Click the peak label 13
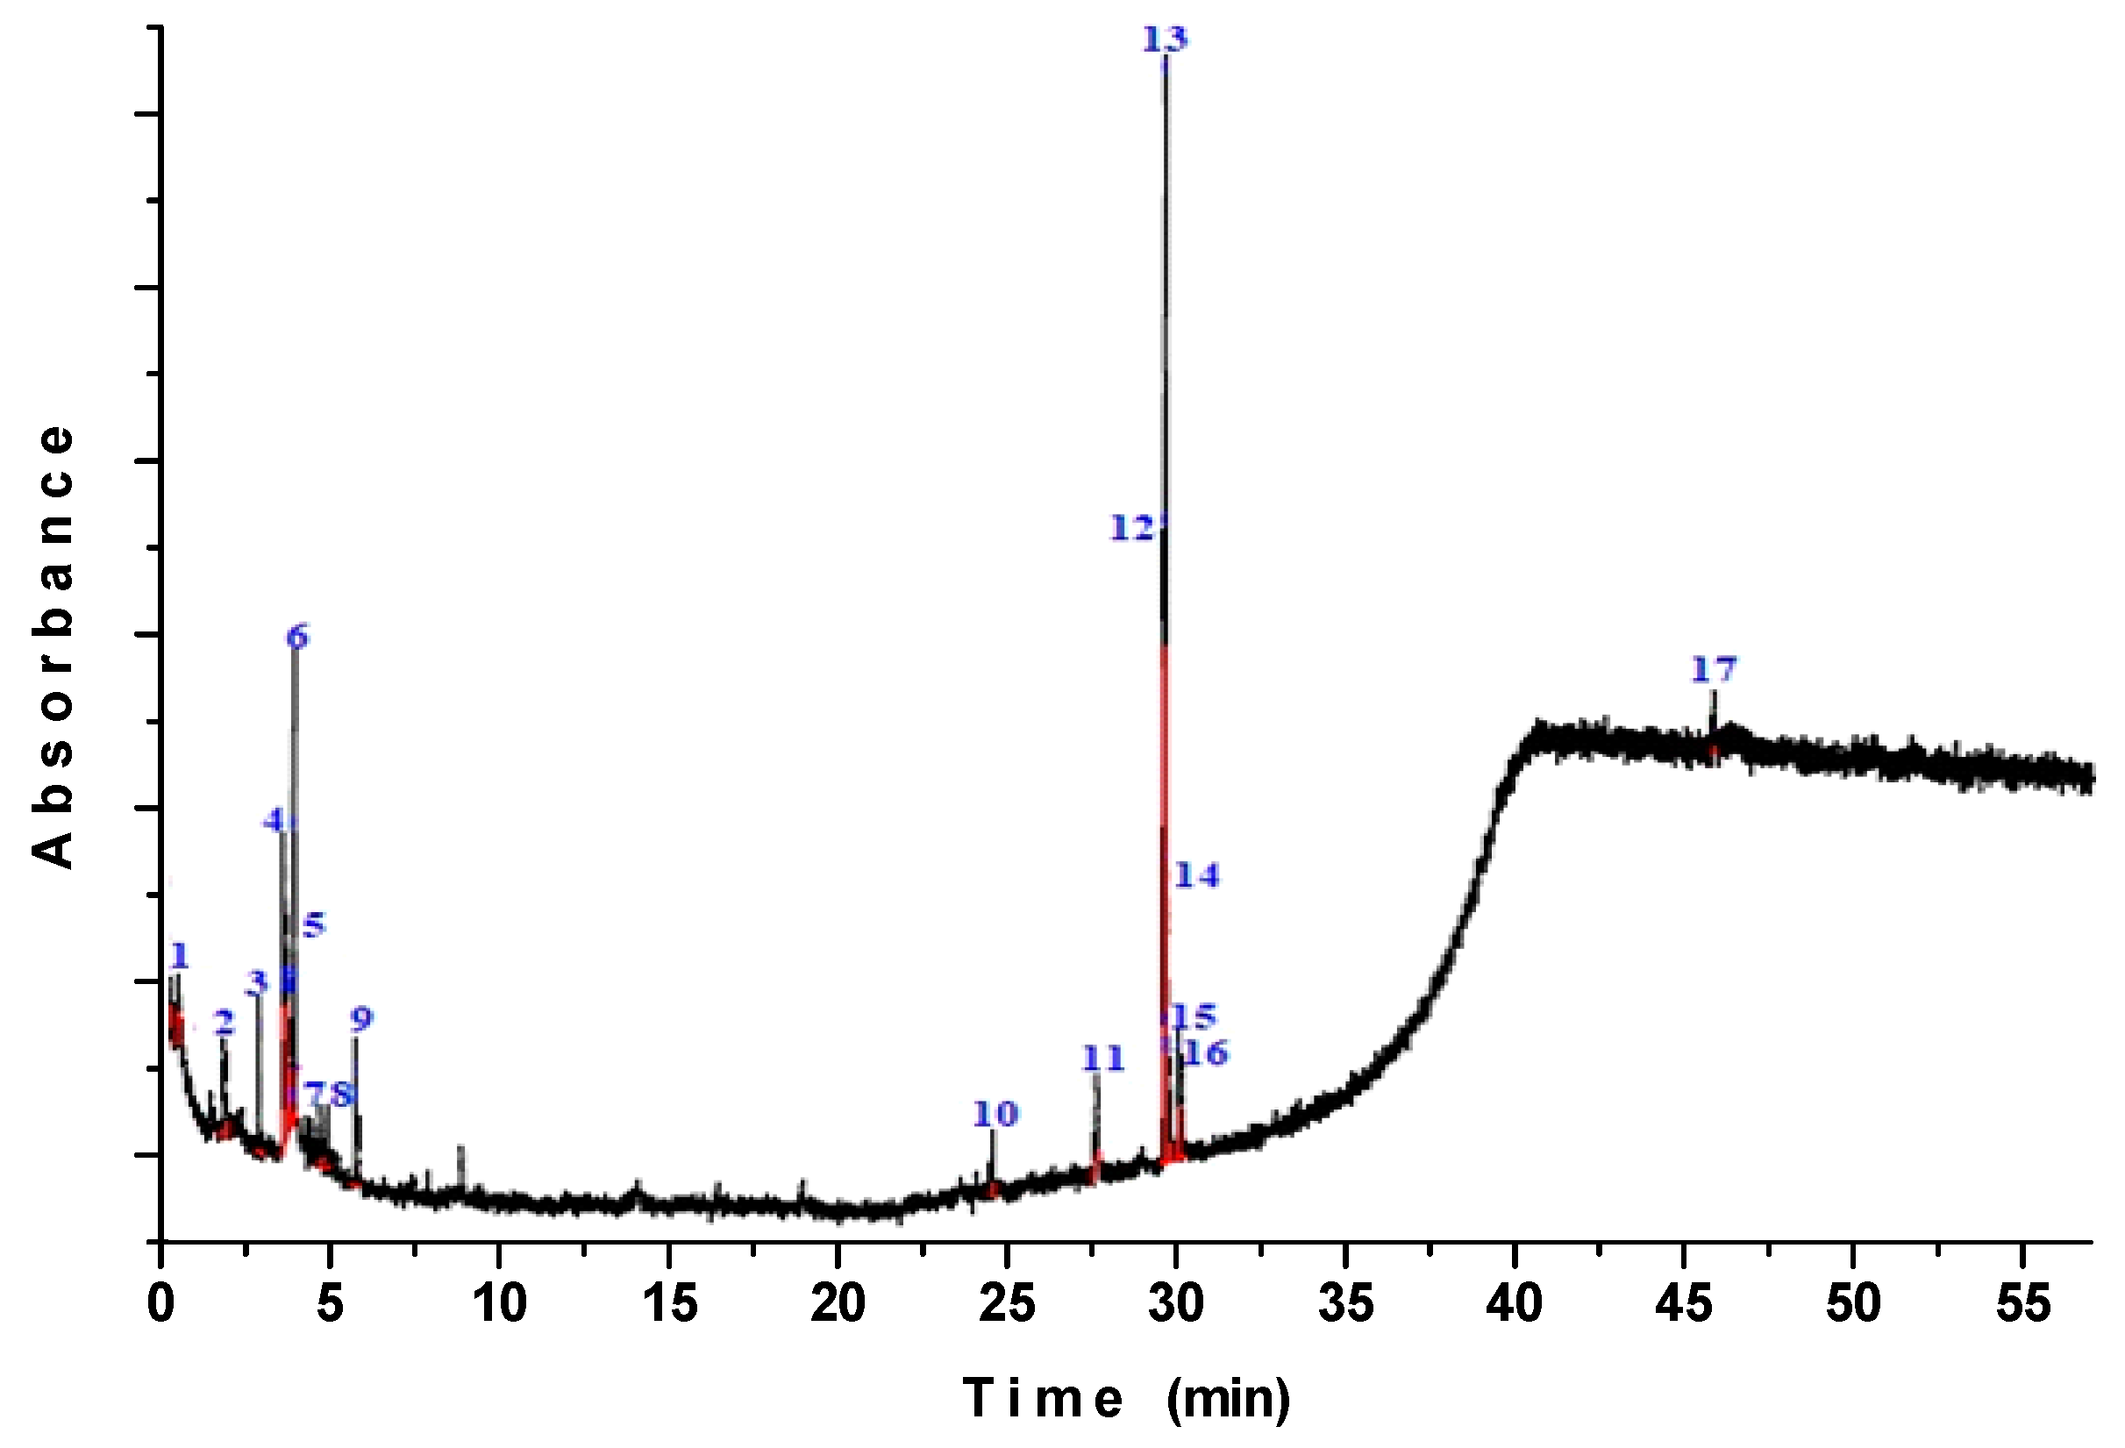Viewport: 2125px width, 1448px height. (x=1165, y=39)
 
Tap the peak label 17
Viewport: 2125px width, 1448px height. (x=1713, y=670)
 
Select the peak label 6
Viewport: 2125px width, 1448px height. (x=297, y=636)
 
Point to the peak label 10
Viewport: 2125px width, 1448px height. (x=995, y=1114)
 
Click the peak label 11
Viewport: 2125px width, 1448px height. (x=1102, y=1058)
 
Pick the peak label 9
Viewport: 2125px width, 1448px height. (x=362, y=1018)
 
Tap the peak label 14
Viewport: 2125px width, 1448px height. (x=1197, y=876)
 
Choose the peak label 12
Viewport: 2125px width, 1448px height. (x=1132, y=527)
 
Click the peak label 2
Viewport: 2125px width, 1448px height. (x=224, y=1022)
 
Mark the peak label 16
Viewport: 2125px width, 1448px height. (x=1206, y=1053)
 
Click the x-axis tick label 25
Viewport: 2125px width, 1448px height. (x=1007, y=1303)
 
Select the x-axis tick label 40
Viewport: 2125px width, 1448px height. (x=1514, y=1303)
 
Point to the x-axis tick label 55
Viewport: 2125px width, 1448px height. (x=2022, y=1303)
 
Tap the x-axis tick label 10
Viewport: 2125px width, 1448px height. (x=499, y=1303)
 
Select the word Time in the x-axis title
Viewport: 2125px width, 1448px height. (x=1044, y=1398)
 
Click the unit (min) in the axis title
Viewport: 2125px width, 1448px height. (x=1228, y=1398)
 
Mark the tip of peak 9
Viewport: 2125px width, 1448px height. (x=356, y=1039)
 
